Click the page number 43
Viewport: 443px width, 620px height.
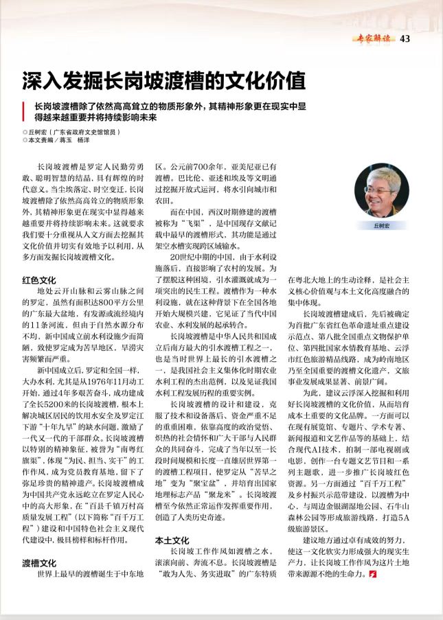(405, 38)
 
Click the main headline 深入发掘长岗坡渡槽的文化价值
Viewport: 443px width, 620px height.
(163, 80)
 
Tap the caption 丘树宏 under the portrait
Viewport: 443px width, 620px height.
(381, 225)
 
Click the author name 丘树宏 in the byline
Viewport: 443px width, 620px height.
(38, 130)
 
